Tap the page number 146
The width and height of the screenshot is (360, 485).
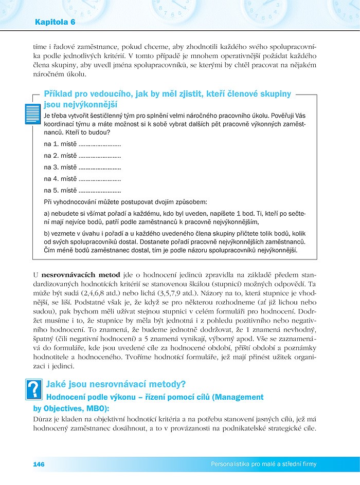click(x=39, y=464)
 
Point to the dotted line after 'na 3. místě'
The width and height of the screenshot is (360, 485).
click(x=100, y=167)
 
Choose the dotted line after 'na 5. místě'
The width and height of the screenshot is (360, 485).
click(x=100, y=191)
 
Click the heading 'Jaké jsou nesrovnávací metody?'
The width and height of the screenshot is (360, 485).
click(x=116, y=383)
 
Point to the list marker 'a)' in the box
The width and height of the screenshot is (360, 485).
click(x=47, y=213)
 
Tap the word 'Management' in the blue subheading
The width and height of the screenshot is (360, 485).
click(x=239, y=397)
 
